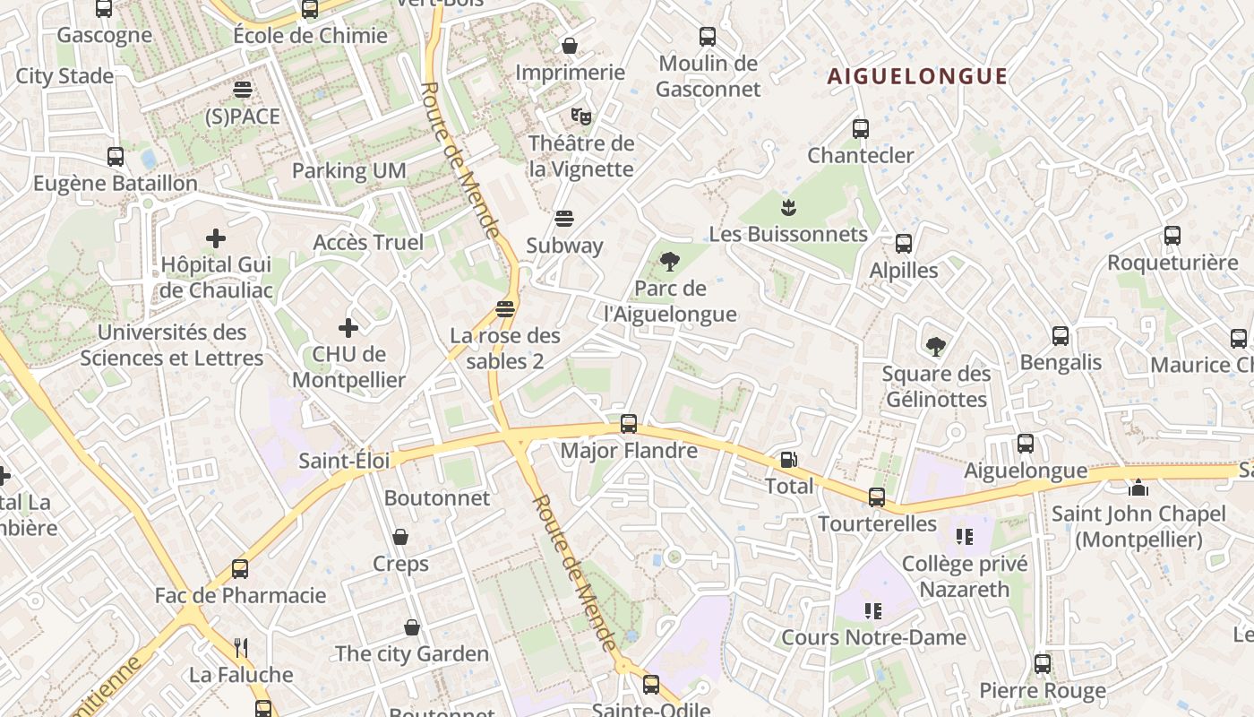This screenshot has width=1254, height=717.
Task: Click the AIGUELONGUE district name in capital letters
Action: (x=917, y=76)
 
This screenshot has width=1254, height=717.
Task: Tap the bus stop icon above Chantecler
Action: (x=861, y=128)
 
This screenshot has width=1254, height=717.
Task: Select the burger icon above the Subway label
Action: (x=563, y=219)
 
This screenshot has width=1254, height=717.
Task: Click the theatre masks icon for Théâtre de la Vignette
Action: (x=581, y=116)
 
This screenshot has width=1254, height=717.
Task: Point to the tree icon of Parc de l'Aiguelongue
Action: (x=668, y=262)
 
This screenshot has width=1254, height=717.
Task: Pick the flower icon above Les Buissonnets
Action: (x=788, y=208)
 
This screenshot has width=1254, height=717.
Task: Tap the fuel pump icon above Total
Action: (x=789, y=460)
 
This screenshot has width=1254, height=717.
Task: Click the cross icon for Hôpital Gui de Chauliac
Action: (x=215, y=238)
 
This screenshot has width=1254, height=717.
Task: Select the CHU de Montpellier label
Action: (x=348, y=367)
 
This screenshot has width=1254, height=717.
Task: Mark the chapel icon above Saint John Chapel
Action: (x=1138, y=488)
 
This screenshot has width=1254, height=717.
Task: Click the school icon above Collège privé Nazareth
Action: (x=964, y=537)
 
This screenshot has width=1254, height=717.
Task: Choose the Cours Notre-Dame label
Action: (x=873, y=637)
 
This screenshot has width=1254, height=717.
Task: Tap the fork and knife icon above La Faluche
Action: (x=240, y=647)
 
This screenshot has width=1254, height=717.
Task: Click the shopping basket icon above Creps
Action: (x=400, y=537)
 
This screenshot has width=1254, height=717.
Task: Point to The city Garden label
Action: (x=412, y=653)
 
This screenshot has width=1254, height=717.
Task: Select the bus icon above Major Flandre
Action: (x=629, y=423)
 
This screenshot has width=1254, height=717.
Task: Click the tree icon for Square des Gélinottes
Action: (x=936, y=346)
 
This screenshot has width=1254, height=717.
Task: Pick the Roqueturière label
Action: (x=1172, y=263)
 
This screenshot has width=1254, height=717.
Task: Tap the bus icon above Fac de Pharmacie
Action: (x=240, y=568)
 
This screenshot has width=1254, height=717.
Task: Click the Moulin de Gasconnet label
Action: (x=708, y=76)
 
